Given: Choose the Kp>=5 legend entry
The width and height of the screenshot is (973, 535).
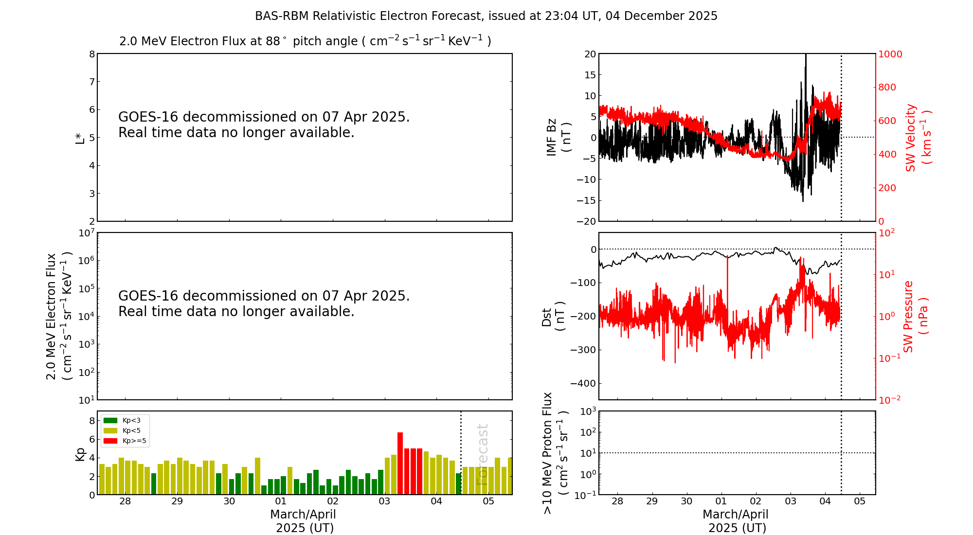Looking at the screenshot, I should (x=134, y=441).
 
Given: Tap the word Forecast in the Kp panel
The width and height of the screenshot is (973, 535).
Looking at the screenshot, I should (x=482, y=454).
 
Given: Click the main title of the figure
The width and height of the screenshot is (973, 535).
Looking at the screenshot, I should (x=486, y=16).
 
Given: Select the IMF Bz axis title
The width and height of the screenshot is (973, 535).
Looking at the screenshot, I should (x=558, y=137).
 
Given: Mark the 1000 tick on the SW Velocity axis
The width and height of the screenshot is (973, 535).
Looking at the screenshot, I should (x=890, y=54).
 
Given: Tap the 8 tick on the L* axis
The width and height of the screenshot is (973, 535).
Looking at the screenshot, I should (x=92, y=54).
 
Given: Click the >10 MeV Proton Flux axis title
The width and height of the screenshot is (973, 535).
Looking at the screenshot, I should (x=555, y=453).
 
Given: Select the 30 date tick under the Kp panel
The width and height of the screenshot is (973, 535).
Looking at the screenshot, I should (x=229, y=501).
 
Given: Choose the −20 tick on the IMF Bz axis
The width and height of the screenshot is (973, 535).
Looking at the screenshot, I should (x=586, y=221).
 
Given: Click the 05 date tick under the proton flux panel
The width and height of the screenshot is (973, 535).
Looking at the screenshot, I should (x=860, y=501).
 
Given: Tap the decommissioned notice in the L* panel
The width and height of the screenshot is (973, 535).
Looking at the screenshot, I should (x=264, y=125).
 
